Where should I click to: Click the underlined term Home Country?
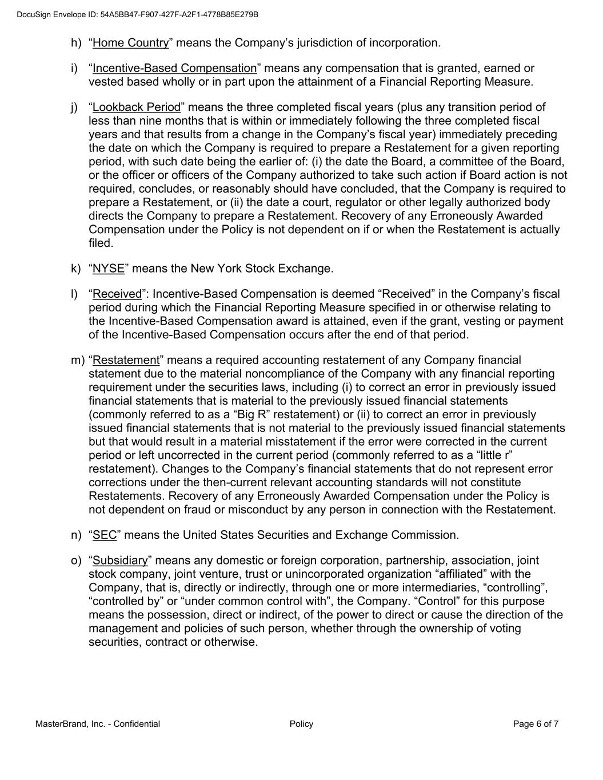click(131, 43)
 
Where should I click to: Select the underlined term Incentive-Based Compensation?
click(174, 69)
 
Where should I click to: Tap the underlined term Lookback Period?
click(136, 107)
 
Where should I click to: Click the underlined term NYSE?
click(108, 269)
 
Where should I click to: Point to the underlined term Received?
click(117, 294)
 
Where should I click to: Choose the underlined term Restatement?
click(126, 361)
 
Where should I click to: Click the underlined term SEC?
click(105, 535)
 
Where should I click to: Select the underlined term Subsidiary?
click(120, 561)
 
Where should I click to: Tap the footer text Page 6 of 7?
click(536, 724)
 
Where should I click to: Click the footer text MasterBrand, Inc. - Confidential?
click(98, 724)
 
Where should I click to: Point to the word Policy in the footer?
click(301, 724)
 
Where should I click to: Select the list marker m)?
click(78, 361)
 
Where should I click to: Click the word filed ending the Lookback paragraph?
click(101, 243)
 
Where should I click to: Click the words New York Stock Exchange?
click(261, 269)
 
